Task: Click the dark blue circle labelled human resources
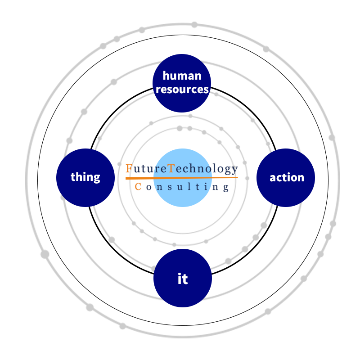click(x=182, y=83)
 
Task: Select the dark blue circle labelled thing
click(x=85, y=178)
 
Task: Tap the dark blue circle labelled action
click(x=286, y=178)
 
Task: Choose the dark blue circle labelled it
click(x=183, y=278)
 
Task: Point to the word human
click(x=182, y=76)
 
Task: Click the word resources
click(x=182, y=89)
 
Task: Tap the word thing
click(x=85, y=177)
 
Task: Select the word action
click(x=287, y=178)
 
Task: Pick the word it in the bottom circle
click(x=183, y=279)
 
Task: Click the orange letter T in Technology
click(x=171, y=169)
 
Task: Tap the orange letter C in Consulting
click(x=139, y=186)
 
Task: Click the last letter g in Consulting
click(x=226, y=188)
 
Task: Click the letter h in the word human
click(x=166, y=76)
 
